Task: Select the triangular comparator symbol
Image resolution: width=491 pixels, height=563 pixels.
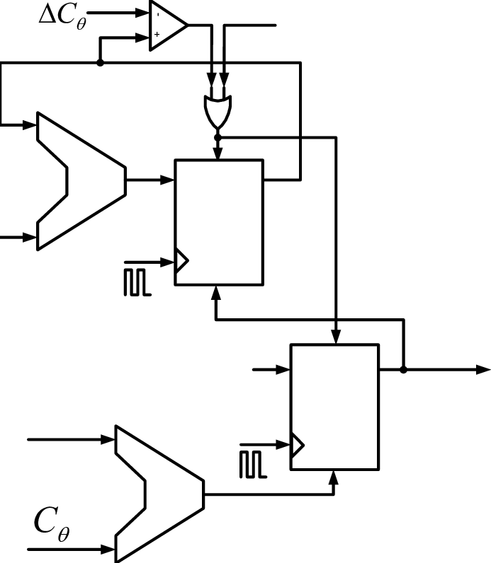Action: (167, 25)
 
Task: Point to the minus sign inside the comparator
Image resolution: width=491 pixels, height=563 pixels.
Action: (157, 14)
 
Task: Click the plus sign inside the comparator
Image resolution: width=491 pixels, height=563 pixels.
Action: (157, 34)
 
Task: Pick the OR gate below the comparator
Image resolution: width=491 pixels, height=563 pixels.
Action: (218, 110)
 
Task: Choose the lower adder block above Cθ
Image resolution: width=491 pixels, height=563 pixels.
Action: (158, 493)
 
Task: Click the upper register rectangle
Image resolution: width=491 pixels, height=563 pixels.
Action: (219, 222)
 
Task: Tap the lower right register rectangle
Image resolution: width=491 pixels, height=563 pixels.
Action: (335, 406)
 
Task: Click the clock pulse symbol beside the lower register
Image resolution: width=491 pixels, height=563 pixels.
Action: (254, 463)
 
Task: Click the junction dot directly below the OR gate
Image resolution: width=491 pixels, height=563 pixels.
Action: (218, 137)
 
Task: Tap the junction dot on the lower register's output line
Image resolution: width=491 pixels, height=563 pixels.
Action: (403, 369)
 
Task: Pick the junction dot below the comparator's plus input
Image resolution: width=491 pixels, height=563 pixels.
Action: (100, 63)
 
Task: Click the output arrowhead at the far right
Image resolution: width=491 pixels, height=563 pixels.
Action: (483, 369)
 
